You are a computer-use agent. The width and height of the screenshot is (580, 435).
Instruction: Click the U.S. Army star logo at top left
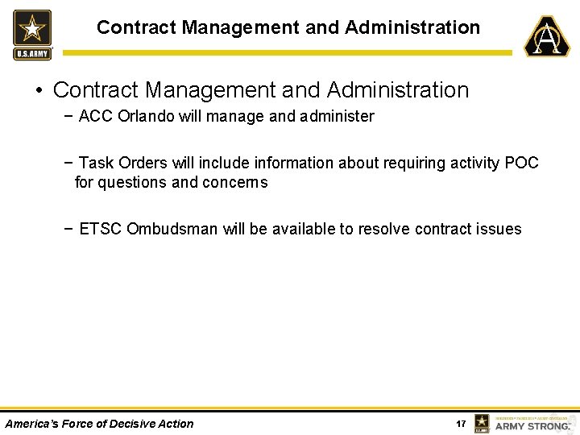coord(32,35)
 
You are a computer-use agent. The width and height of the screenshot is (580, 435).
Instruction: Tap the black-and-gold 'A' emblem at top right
coord(547,36)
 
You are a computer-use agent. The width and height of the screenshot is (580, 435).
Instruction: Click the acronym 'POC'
coord(522,163)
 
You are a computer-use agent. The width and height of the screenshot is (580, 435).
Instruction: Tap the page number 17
coord(461,424)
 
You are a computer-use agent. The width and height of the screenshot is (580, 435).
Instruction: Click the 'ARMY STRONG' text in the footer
coord(532,425)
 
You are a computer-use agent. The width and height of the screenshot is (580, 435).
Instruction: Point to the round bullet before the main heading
coord(39,90)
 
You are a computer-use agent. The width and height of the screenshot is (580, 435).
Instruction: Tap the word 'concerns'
coord(234,182)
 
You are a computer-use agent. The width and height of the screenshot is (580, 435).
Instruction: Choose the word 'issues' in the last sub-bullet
coord(499,229)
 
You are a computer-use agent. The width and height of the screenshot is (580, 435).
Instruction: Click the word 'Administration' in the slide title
coord(412,27)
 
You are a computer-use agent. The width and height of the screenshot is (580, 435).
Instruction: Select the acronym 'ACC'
coord(96,116)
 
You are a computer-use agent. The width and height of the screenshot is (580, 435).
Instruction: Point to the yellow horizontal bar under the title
coord(287,53)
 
